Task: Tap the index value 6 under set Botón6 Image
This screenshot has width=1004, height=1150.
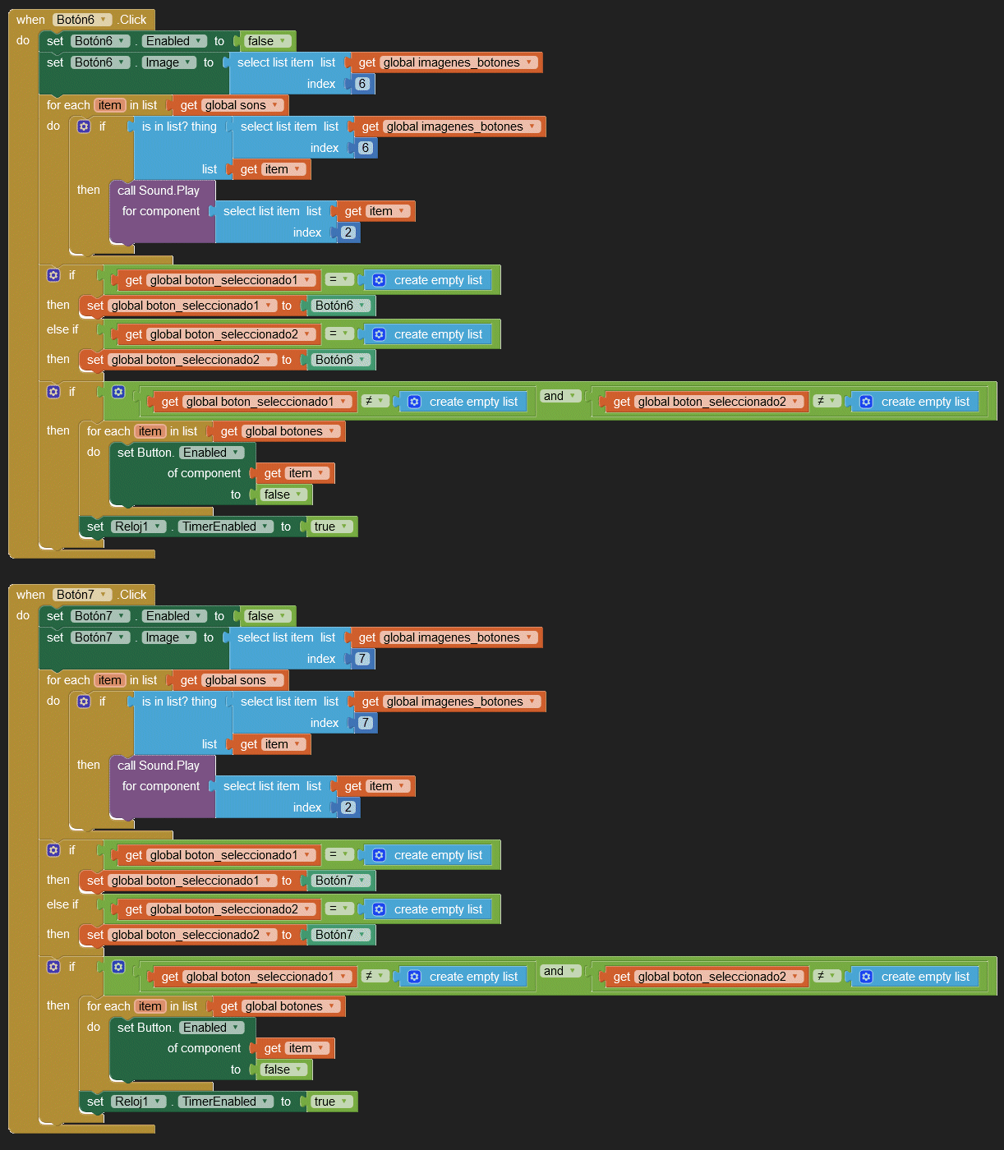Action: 362,84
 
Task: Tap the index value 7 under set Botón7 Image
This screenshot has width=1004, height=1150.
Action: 362,659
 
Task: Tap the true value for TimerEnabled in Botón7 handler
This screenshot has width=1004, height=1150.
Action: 331,1102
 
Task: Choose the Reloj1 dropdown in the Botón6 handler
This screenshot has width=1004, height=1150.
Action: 138,527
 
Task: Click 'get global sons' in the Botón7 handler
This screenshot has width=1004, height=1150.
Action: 229,680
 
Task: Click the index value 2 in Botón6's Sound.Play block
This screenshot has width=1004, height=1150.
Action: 348,232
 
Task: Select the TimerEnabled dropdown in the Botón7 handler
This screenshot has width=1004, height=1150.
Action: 225,1102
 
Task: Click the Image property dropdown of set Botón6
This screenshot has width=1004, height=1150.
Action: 168,62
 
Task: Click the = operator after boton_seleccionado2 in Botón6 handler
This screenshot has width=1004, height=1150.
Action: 339,333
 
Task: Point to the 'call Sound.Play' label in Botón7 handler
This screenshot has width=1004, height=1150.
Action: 159,766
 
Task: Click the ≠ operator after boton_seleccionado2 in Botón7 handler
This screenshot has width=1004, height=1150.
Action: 825,976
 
